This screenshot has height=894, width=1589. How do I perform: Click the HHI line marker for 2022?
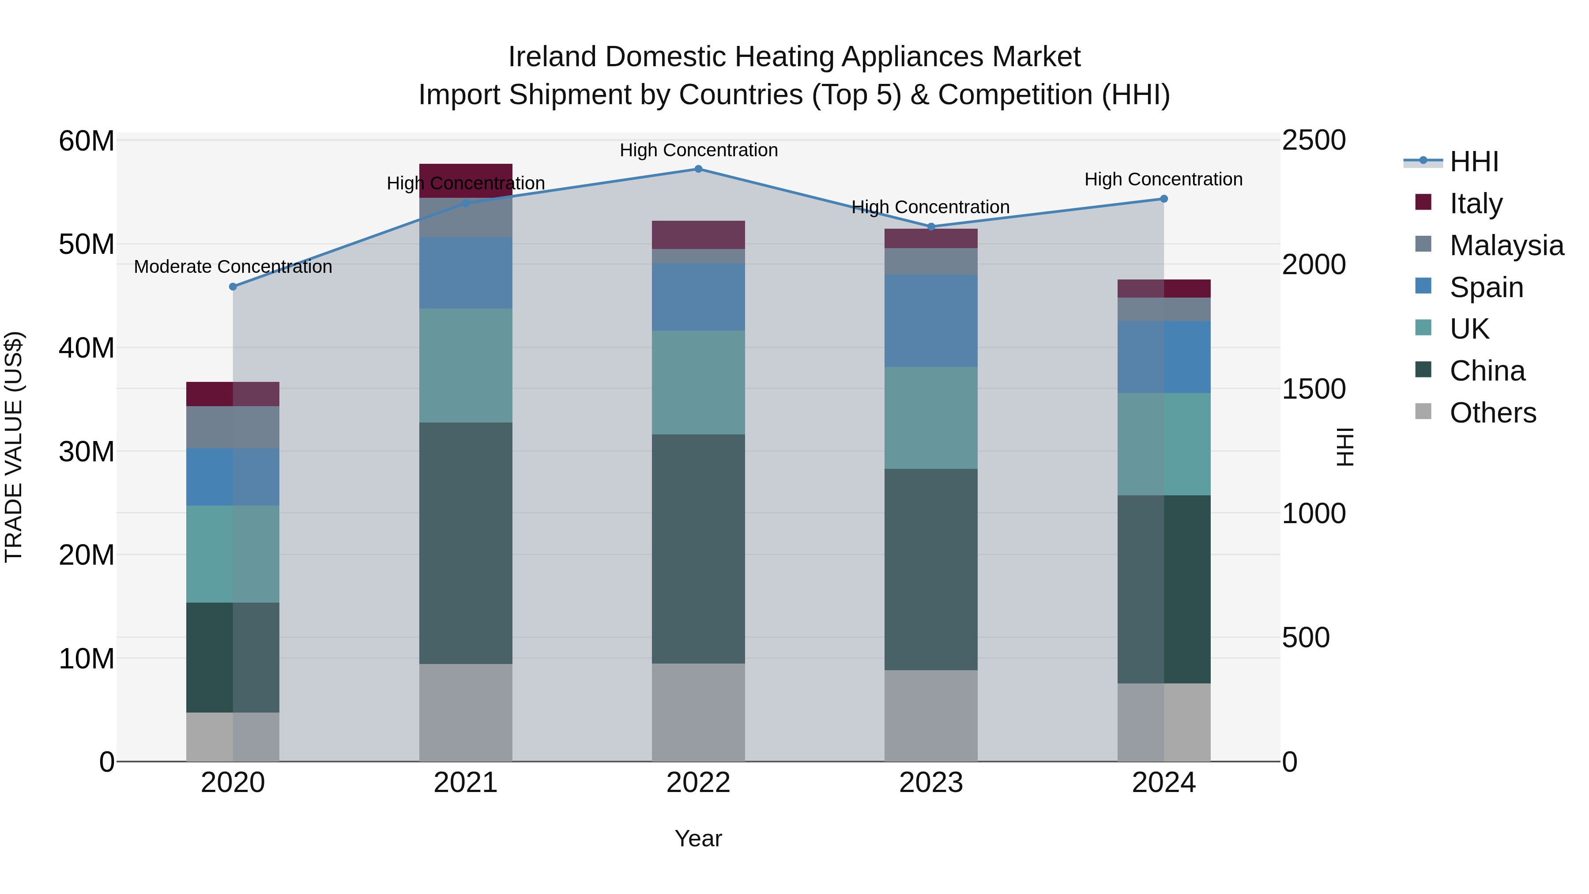pos(698,169)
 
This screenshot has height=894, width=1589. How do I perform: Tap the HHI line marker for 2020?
pos(233,287)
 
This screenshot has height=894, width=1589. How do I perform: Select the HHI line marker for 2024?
pos(1164,199)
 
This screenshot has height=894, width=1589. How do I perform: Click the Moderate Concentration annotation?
pos(233,267)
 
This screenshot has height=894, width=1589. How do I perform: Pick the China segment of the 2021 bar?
pos(466,543)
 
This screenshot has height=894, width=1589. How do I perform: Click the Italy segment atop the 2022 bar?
pos(698,235)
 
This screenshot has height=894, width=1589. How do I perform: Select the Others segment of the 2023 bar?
pos(931,716)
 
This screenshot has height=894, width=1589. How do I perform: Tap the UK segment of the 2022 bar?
pos(698,382)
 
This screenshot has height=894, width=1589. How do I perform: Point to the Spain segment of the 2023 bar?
pos(931,321)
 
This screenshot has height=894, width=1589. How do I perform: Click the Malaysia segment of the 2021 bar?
pos(466,218)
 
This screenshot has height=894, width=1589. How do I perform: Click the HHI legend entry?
pos(1474,162)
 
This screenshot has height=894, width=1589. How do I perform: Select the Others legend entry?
pos(1492,413)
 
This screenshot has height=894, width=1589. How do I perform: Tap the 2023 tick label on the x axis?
pos(931,783)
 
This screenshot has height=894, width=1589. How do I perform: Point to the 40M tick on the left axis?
pos(87,348)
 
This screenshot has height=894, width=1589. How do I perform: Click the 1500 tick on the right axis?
pos(1314,389)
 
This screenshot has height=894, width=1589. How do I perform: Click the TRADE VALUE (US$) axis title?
pos(14,447)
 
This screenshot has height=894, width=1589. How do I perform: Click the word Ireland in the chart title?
pos(553,57)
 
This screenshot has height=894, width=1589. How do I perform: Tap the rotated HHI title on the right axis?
pos(1345,447)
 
